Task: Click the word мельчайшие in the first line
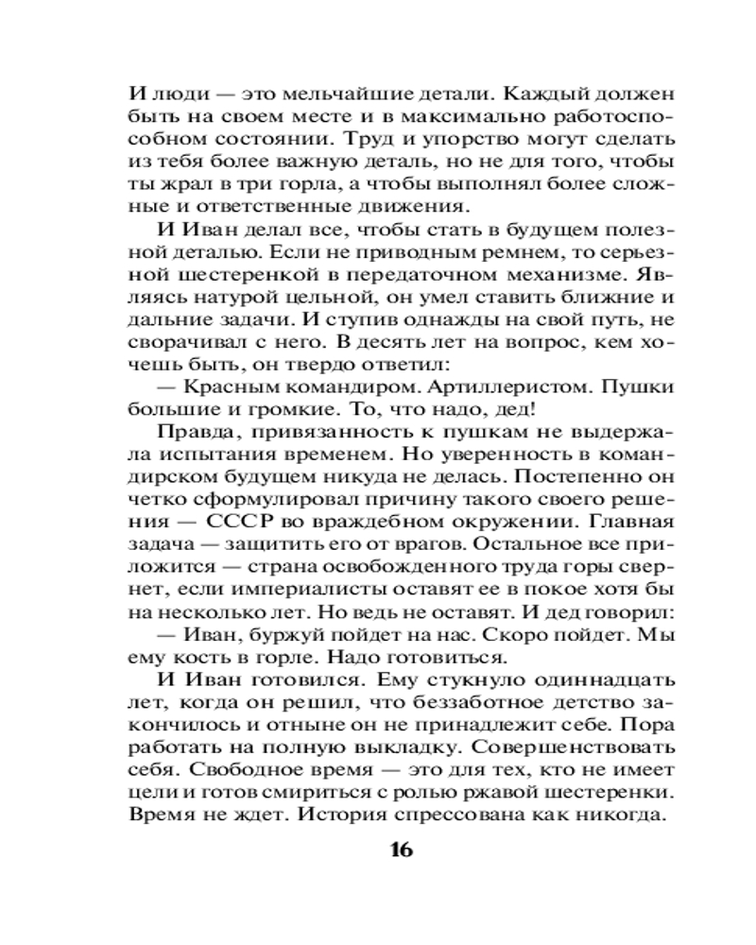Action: click(x=341, y=94)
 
